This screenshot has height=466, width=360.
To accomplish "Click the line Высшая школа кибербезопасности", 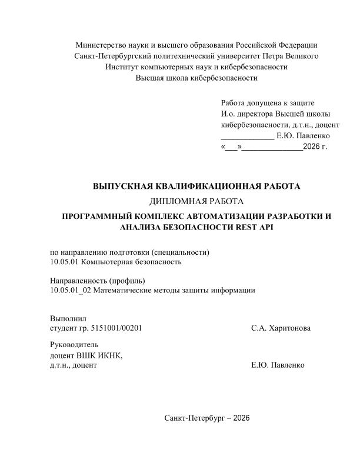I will pos(196,77).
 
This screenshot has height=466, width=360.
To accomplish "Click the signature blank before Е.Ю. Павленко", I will pos(247,136).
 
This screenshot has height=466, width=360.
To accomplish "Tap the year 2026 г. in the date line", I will pos(315,147).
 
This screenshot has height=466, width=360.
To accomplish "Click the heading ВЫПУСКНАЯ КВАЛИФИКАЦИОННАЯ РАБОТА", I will pos(196,187).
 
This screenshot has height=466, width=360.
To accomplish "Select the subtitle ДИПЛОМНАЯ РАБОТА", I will pos(196,202).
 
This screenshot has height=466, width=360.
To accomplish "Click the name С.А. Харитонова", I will pos(281,328).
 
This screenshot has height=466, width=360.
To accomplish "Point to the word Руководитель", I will pos(75,344).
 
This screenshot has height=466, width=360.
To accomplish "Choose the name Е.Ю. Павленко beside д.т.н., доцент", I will pos(278,365).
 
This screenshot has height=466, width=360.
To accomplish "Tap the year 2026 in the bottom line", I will pos(241,418).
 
